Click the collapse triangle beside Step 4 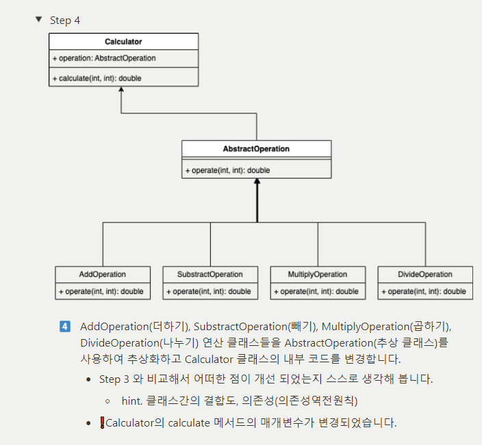[x=38, y=19]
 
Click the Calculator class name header [x=123, y=42]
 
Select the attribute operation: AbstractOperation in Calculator [x=104, y=58]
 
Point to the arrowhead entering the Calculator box [x=121, y=91]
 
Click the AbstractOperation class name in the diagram [x=256, y=148]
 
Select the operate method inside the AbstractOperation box [x=227, y=170]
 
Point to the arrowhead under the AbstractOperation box [x=257, y=183]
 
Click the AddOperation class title [x=103, y=274]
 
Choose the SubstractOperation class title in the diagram [x=210, y=274]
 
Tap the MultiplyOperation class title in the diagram [x=318, y=274]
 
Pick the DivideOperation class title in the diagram [x=425, y=274]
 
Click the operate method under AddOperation [x=101, y=291]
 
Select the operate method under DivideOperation [x=424, y=291]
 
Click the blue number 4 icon [x=65, y=326]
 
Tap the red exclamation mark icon [x=102, y=422]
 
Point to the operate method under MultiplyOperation [x=316, y=291]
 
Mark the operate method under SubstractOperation [x=209, y=291]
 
